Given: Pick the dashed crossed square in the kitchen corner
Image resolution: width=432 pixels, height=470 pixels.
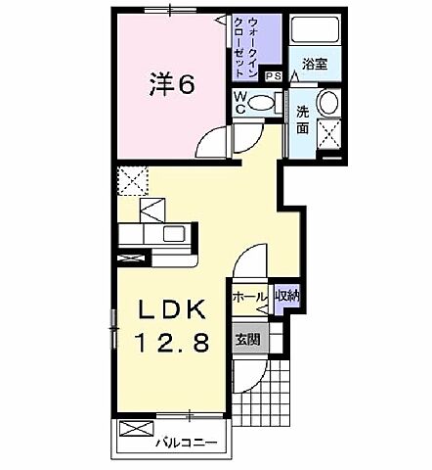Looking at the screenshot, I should tap(131, 180).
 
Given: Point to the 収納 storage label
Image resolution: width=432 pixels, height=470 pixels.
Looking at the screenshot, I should tap(285, 296).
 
